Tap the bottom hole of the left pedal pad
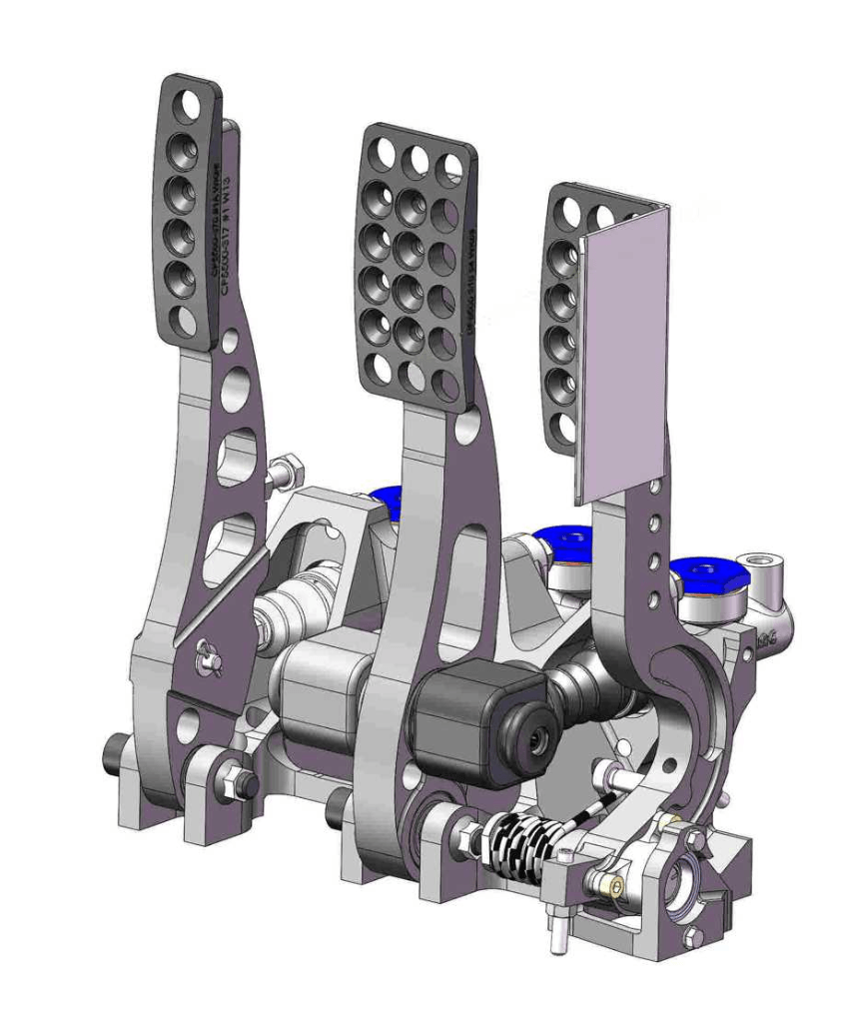(183, 319)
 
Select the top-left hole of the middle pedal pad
(380, 152)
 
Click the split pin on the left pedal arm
(207, 648)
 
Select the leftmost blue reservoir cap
(386, 494)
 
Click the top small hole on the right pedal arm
(654, 492)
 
